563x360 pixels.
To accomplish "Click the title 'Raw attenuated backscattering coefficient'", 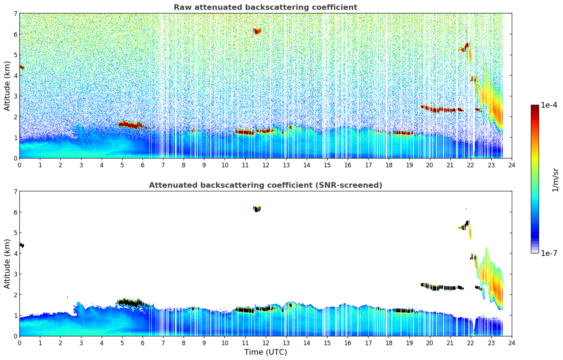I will (265, 7).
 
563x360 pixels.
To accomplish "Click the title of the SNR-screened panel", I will (265, 185).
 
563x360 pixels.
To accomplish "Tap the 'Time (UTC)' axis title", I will (265, 352).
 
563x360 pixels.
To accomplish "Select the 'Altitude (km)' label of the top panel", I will (7, 86).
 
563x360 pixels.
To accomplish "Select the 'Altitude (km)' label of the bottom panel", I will (7, 264).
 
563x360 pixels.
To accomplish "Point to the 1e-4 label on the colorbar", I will (549, 105).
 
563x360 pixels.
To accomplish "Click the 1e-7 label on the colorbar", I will (549, 253).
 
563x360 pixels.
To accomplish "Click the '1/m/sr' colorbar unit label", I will (555, 180).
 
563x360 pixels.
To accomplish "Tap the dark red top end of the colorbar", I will (535, 107).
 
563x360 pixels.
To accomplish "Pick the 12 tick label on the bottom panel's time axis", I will (265, 343).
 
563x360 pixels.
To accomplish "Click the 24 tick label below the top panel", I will (511, 165).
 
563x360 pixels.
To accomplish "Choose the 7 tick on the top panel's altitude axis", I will (15, 14).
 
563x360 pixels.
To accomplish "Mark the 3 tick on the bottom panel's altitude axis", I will (15, 274).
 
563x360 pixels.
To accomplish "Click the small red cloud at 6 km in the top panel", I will (257, 31).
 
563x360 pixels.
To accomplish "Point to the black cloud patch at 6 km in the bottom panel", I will (257, 209).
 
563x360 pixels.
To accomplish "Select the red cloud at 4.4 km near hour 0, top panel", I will (22, 67).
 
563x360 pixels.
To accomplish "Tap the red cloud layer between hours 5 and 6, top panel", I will (130, 125).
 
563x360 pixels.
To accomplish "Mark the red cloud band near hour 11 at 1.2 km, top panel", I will (244, 132).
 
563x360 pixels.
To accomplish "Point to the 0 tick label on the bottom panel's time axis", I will (19, 343).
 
